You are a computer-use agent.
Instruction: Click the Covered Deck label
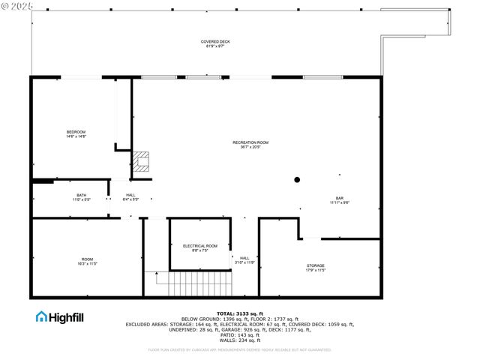pos(215,41)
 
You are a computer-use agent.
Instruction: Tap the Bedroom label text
pos(76,132)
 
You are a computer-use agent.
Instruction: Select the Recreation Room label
pos(250,142)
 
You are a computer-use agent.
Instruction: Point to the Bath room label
pos(81,195)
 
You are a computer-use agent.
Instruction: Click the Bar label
pos(339,198)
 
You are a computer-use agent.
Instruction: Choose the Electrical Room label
pos(200,246)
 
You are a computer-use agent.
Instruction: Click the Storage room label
pos(315,265)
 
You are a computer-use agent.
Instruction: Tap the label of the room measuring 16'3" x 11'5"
pos(87,259)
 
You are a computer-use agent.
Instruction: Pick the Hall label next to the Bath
pos(130,195)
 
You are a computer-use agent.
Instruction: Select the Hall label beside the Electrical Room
pos(244,258)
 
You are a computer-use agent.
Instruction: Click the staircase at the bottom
pos(194,284)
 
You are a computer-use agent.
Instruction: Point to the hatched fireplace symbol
pos(142,161)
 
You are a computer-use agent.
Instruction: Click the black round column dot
pos(297,180)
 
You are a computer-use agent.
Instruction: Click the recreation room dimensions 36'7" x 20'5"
pos(250,147)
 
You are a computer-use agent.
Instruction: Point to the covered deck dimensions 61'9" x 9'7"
pos(215,46)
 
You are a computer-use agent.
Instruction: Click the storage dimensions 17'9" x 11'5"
pos(315,270)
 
